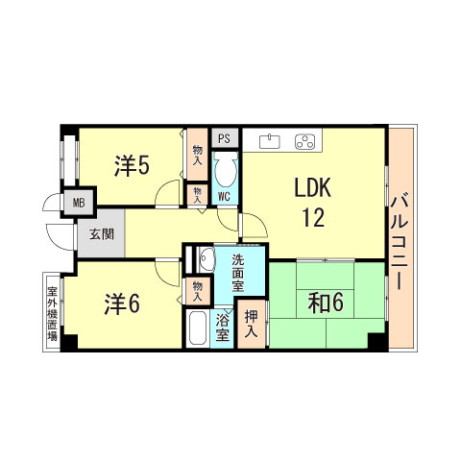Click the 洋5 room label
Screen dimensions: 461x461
click(132, 165)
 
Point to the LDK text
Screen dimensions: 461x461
click(313, 188)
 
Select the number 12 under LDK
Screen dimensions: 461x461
click(313, 218)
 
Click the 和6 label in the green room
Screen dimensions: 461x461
click(327, 303)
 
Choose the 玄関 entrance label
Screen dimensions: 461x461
click(102, 234)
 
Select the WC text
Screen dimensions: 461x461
click(223, 196)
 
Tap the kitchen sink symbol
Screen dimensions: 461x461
click(270, 141)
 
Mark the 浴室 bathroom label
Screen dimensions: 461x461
click(223, 327)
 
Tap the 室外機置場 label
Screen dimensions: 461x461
click(52, 311)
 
